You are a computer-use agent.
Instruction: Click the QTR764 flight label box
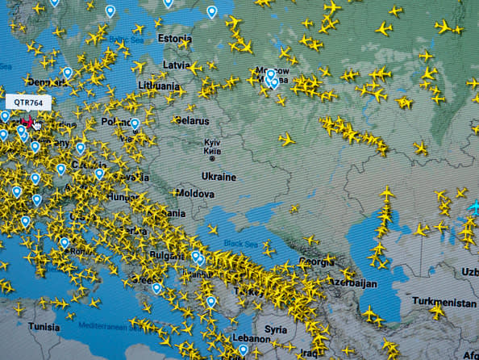[x=29, y=103]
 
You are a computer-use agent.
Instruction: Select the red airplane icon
[x=28, y=123]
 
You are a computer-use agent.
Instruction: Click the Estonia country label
[x=175, y=38]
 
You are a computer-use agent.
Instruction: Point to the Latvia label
[x=177, y=65]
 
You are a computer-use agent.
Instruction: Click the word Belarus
[x=192, y=120]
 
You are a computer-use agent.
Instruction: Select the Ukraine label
[x=218, y=176]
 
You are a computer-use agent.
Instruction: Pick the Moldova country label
[x=195, y=195]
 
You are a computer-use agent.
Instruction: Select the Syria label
[x=276, y=329]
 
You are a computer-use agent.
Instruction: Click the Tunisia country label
[x=44, y=327]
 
